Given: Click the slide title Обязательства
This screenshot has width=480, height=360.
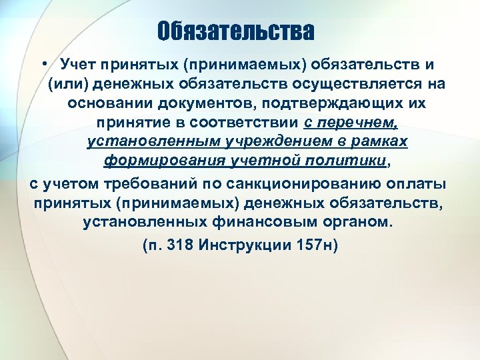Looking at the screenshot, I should [236, 31].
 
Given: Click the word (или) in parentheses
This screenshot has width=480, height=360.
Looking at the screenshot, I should [69, 85].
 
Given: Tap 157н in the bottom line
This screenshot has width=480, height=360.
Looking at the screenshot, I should [319, 245].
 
